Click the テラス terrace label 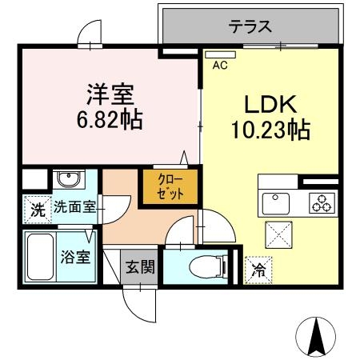point(250,26)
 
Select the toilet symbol point(198,266)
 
